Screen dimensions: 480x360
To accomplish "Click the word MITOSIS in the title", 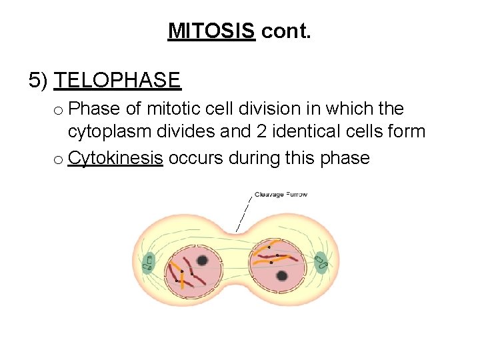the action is pos(211,31).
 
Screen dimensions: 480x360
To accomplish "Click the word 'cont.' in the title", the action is pos(286,31).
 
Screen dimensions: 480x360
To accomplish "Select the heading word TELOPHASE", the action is pos(117,81).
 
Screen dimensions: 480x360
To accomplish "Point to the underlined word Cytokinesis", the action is pos(115,158).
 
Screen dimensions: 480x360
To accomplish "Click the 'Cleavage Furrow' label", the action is pos(281,195).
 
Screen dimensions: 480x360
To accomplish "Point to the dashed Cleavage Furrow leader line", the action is pos(245,213).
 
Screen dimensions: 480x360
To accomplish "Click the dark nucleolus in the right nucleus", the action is pos(282,275).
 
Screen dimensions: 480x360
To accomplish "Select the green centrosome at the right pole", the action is pos(321,262).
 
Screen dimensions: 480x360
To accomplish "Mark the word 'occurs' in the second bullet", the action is pos(196,158).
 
